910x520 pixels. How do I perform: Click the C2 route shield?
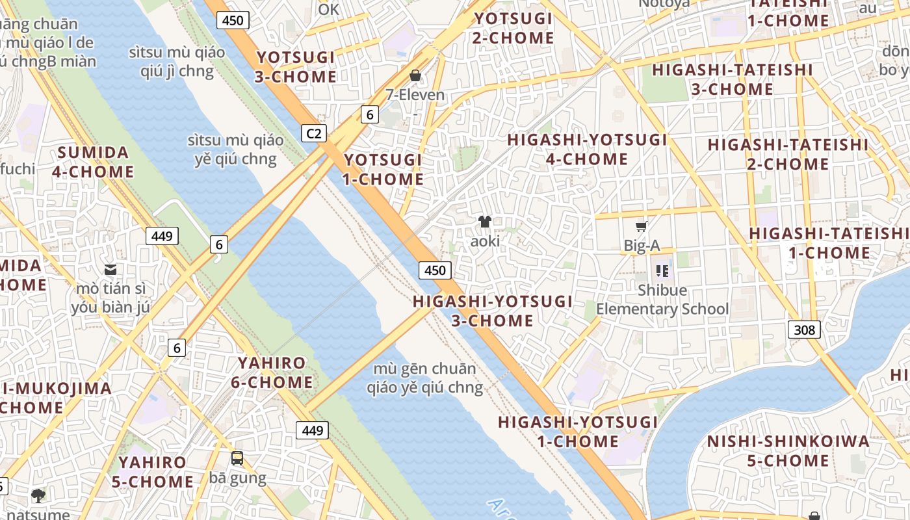click(x=313, y=133)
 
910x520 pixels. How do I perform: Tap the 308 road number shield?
click(x=804, y=330)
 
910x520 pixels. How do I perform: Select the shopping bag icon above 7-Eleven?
click(x=415, y=76)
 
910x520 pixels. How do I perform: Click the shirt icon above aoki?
click(x=485, y=222)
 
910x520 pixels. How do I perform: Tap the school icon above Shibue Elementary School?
click(x=662, y=270)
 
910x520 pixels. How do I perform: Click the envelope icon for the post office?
click(x=110, y=269)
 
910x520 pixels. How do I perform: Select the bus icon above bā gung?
click(x=237, y=458)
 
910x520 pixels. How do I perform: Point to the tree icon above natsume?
click(x=38, y=496)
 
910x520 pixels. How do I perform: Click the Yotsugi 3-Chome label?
click(x=296, y=67)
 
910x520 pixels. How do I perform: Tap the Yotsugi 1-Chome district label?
click(x=383, y=169)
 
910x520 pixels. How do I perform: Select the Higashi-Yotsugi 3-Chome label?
click(x=493, y=311)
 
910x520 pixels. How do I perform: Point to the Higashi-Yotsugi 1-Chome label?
click(x=578, y=432)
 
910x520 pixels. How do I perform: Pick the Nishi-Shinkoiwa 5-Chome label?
click(x=788, y=451)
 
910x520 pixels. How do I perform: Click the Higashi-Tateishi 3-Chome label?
click(x=732, y=79)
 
